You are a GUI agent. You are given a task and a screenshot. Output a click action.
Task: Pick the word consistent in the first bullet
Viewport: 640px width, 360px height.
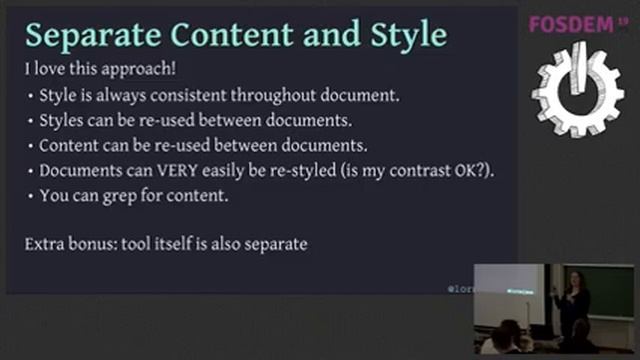(200, 96)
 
